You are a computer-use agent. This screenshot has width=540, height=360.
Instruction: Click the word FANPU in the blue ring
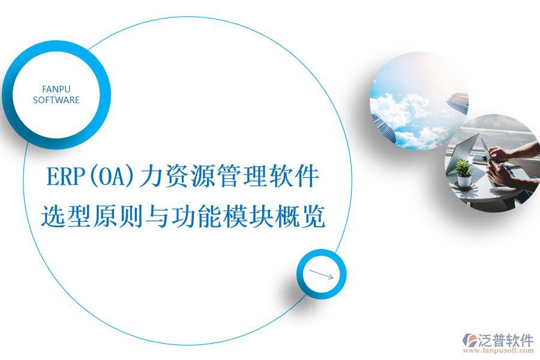pos(56,89)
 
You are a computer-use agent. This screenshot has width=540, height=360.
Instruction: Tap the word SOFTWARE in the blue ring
pos(56,100)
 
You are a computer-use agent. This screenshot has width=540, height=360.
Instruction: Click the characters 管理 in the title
pos(242,177)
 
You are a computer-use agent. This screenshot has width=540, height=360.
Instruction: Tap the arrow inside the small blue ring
pos(321,274)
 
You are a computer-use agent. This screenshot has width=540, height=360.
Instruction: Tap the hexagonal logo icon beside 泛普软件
pos(469,340)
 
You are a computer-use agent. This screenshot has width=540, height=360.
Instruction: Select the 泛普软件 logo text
pos(506,340)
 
